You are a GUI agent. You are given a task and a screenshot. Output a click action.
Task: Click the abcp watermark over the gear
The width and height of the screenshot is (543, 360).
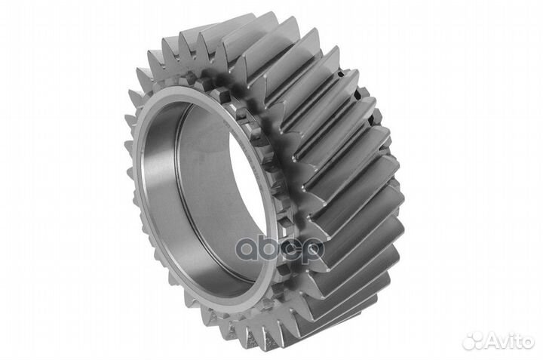[280, 249]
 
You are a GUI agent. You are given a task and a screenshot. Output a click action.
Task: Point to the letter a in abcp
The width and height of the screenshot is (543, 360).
[247, 249]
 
